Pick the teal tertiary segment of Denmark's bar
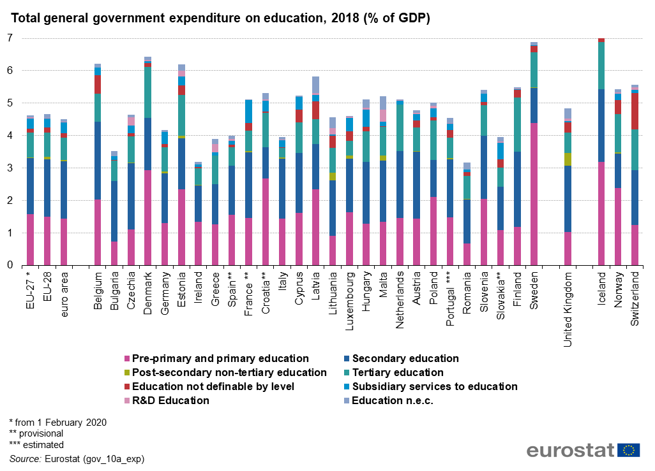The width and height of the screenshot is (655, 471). (x=148, y=92)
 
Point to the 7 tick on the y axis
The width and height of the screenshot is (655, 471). (x=10, y=38)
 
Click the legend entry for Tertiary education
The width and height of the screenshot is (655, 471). (x=397, y=372)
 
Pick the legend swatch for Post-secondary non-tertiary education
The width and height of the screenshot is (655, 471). (x=127, y=372)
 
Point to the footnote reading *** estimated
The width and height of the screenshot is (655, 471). (x=36, y=445)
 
